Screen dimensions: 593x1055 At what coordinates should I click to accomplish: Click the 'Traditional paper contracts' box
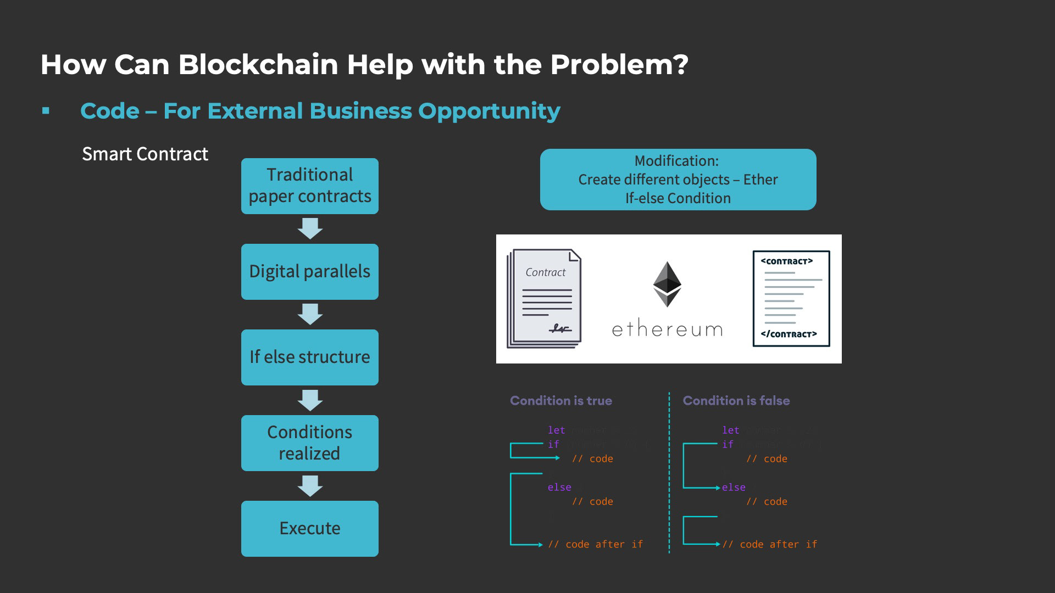point(309,186)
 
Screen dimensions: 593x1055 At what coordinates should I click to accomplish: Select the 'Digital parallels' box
point(309,271)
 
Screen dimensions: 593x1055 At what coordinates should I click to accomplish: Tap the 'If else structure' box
point(309,357)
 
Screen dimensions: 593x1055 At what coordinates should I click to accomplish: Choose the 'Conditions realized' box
point(309,443)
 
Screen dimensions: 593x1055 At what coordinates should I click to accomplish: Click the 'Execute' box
point(309,528)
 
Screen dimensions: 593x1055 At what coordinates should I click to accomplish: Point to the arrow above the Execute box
point(310,486)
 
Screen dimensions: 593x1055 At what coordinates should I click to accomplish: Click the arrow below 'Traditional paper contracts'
point(310,228)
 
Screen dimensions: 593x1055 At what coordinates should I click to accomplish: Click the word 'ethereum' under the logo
point(667,329)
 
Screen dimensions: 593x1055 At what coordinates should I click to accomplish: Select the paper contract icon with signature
point(545,299)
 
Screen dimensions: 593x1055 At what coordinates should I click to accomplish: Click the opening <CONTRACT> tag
point(786,261)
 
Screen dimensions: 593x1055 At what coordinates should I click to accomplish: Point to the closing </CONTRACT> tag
point(789,334)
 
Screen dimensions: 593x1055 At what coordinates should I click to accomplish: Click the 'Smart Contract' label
point(145,154)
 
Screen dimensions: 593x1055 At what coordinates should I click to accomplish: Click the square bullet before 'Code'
point(46,111)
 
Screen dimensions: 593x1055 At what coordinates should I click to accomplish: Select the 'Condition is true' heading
point(560,401)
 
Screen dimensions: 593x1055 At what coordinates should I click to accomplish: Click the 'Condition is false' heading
point(736,401)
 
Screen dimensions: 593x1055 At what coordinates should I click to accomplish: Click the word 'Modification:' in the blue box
point(676,161)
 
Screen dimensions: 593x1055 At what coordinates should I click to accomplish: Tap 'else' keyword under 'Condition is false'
point(734,488)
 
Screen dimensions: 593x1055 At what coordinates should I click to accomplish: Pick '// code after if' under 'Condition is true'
point(595,544)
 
